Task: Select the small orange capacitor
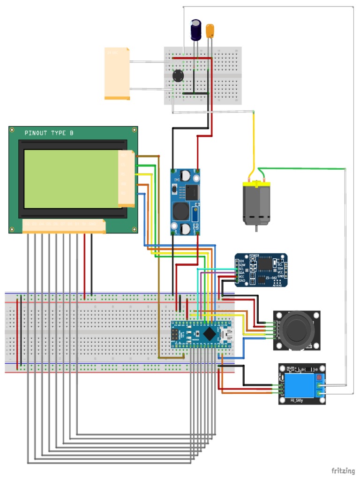click(210, 31)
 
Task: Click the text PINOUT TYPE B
click(49, 134)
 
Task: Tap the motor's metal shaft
click(256, 228)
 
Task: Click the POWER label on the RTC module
click(255, 256)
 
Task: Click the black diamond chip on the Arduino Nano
click(209, 334)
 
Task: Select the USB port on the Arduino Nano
click(228, 334)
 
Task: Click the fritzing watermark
click(343, 470)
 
